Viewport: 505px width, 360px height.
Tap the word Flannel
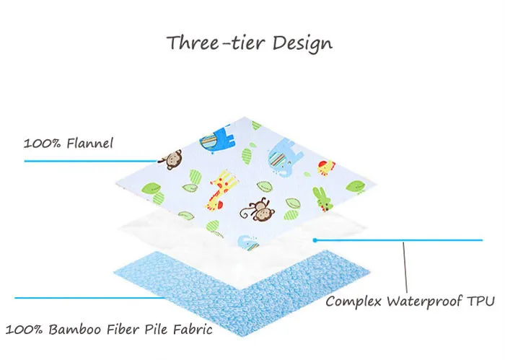[x=90, y=143]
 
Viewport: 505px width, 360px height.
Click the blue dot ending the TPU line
[x=315, y=239]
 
